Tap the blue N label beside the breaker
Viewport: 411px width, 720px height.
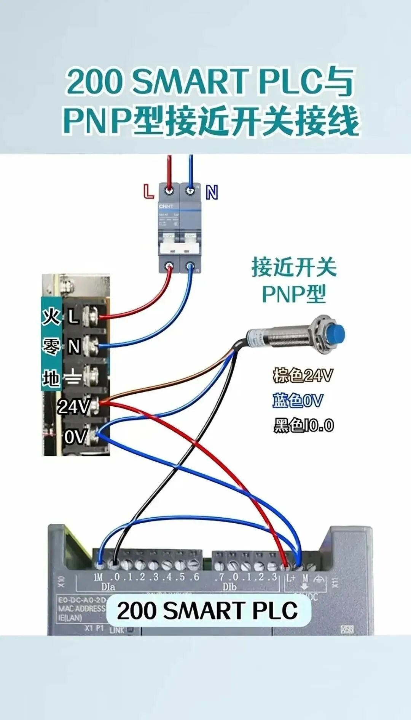pos(212,192)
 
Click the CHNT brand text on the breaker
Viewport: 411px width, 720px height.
pos(166,206)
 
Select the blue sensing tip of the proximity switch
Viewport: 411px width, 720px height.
pos(336,334)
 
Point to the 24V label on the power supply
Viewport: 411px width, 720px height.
pos(73,406)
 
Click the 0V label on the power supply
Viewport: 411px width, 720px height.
pos(75,436)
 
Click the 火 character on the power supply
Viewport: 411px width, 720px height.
pos(51,317)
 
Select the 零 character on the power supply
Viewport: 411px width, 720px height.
pos(51,347)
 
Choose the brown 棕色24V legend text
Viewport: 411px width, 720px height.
pos(303,375)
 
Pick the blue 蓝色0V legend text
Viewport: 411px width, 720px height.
pos(298,401)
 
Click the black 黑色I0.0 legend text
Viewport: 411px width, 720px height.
pos(303,425)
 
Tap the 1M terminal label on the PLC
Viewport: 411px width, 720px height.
pos(98,577)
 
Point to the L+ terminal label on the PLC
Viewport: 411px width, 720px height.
pos(291,578)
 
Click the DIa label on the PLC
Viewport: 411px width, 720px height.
pos(108,587)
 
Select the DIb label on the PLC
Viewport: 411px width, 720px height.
pos(229,587)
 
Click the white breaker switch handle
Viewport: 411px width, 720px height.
pos(179,248)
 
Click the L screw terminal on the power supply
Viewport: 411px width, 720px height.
pos(91,316)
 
